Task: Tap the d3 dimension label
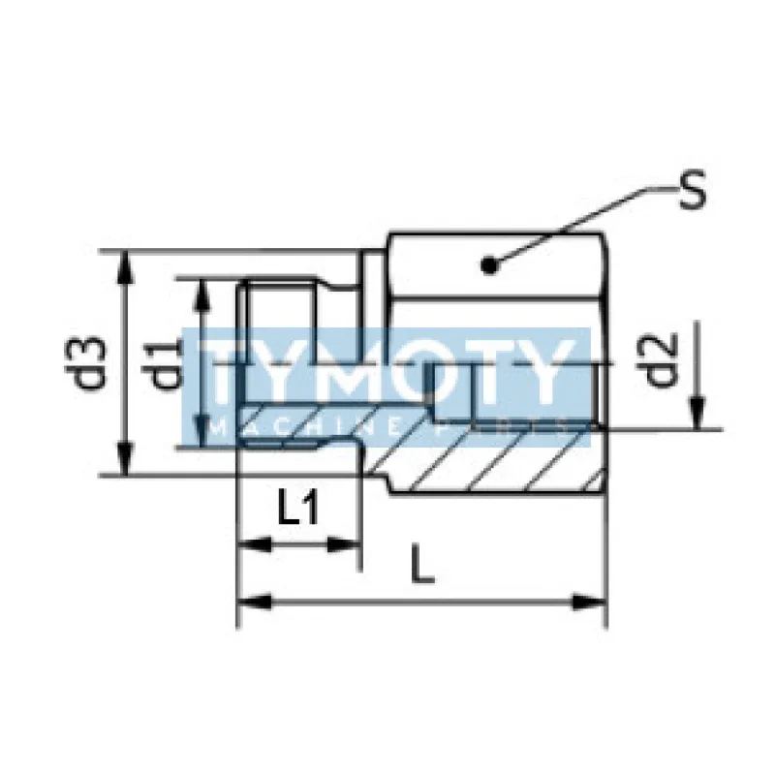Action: click(91, 361)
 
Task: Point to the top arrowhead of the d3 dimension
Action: click(125, 262)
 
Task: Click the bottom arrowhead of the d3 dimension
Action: click(125, 463)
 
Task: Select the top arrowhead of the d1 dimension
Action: click(201, 290)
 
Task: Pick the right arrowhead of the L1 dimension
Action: click(350, 544)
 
